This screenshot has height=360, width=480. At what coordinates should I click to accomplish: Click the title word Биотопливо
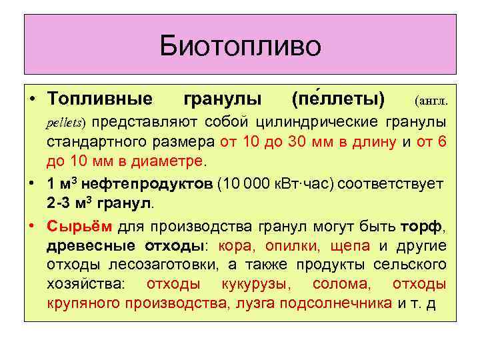tap(240, 46)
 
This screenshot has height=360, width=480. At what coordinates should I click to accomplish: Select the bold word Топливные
tap(99, 100)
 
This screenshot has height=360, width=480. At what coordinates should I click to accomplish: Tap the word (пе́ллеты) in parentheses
tap(339, 100)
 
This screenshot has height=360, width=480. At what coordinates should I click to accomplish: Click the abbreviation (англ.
tap(430, 101)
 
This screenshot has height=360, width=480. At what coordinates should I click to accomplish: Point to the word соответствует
tap(401, 183)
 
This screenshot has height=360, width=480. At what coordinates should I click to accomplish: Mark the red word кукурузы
tap(254, 285)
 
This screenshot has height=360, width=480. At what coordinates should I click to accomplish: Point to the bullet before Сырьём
tap(33, 227)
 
